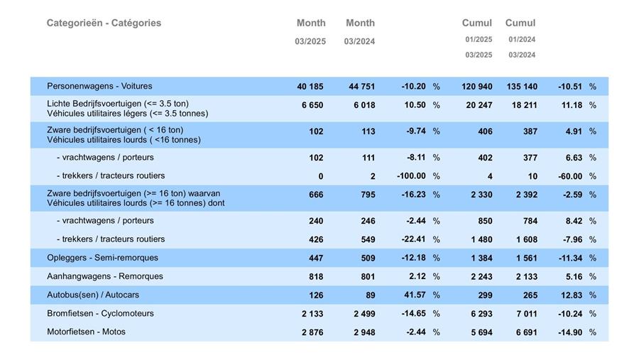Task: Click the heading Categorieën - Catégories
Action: pos(104,23)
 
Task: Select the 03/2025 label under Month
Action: pos(310,41)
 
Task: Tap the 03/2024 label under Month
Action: pos(359,41)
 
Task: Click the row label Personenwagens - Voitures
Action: pos(99,86)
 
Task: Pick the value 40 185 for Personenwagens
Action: pos(310,87)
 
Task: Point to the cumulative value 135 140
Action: pos(522,87)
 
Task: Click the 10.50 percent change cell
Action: pos(414,105)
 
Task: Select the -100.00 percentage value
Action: pos(411,176)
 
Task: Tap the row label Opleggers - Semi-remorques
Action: pos(102,258)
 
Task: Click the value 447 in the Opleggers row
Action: pos(316,258)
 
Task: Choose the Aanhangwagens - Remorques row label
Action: pos(105,276)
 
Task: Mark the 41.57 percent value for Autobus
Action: pos(414,295)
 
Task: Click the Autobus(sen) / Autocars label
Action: pos(93,295)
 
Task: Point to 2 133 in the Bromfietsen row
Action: pos(312,314)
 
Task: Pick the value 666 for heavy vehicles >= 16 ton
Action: pos(316,195)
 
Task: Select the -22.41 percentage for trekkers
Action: pos(413,239)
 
